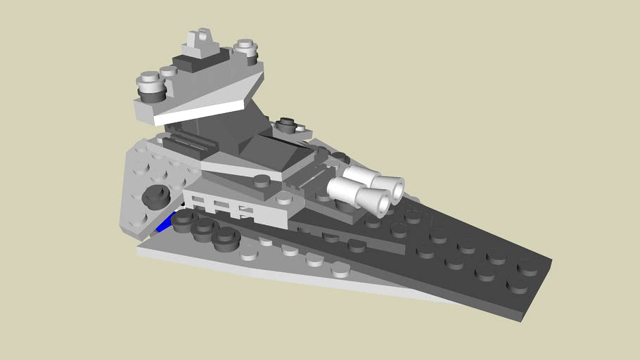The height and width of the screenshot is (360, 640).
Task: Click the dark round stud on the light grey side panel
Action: coord(155,198)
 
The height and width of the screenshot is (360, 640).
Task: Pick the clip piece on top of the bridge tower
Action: coord(203,41)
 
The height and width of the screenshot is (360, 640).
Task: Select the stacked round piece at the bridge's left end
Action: coord(151,86)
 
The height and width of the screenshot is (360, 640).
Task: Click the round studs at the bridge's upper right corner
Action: coord(245,48)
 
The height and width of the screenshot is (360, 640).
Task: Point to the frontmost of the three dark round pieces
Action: coord(225,239)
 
